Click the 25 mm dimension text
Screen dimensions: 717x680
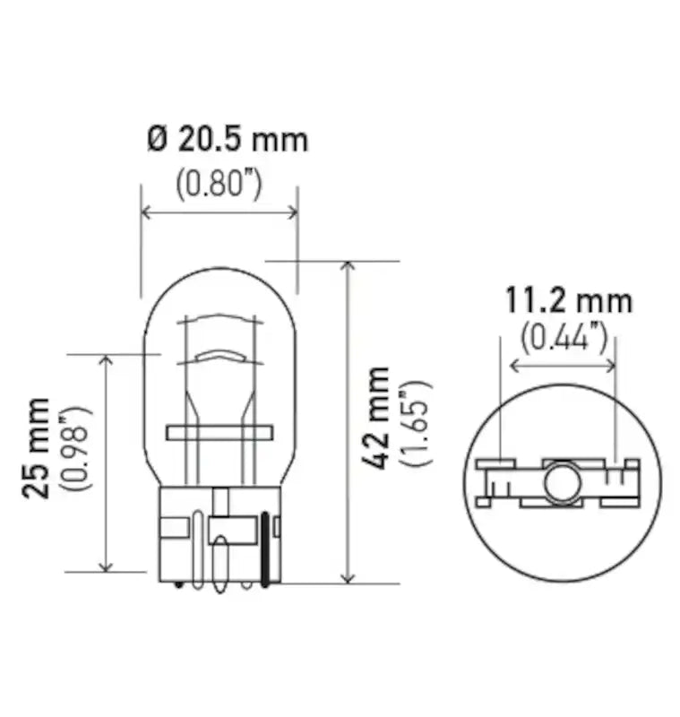tap(39, 448)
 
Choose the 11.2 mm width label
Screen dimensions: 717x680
tap(567, 300)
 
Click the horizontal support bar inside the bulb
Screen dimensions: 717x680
tap(218, 432)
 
